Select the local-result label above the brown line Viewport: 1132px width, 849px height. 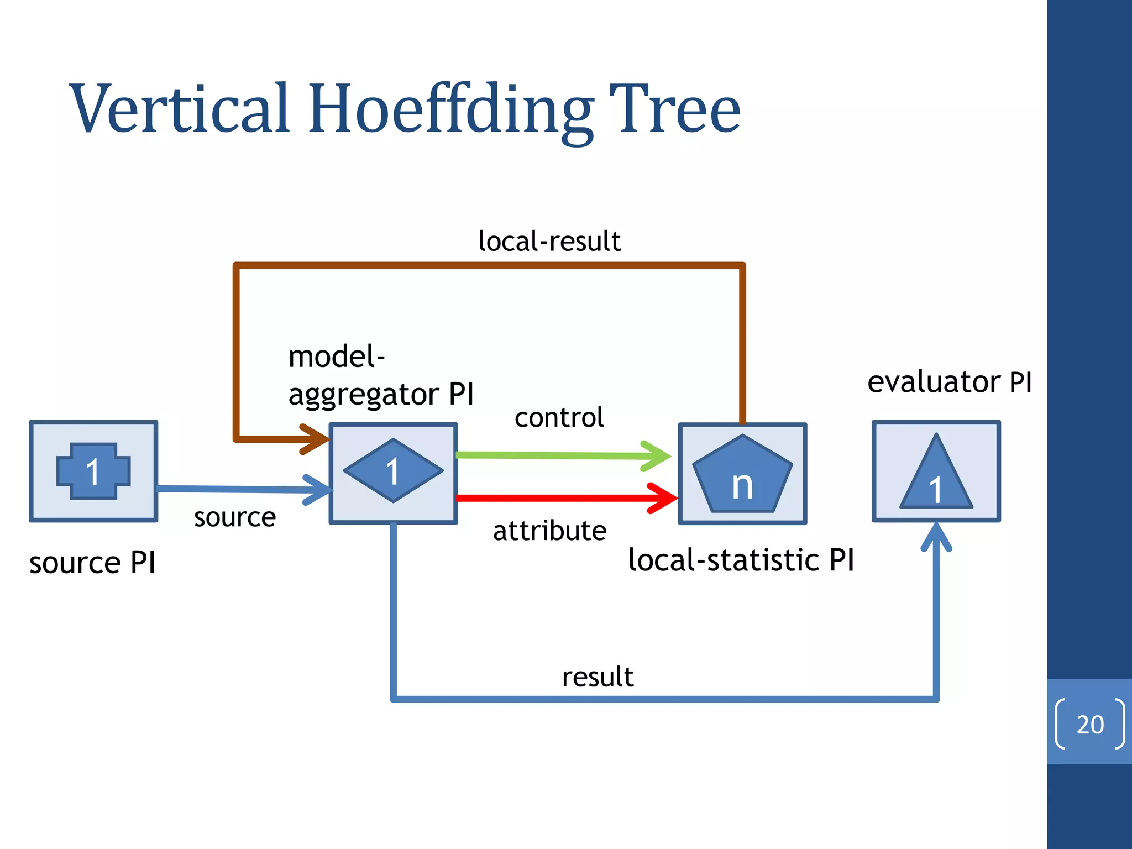tap(549, 242)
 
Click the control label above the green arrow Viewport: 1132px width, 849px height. tap(559, 418)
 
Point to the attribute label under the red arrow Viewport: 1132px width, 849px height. tap(549, 531)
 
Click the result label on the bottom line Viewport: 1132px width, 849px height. tap(598, 677)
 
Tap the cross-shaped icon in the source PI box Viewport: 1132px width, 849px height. tap(93, 471)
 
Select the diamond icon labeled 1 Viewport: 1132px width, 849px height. tap(393, 471)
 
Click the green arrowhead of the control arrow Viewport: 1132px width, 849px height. tap(657, 456)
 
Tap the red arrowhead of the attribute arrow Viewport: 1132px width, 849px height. tap(663, 498)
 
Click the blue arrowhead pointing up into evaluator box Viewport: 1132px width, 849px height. tap(936, 536)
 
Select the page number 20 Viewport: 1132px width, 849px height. tap(1090, 725)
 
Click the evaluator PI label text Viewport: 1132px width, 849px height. tap(949, 382)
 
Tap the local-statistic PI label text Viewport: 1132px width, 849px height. tap(741, 560)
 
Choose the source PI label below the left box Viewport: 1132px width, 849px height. tap(92, 563)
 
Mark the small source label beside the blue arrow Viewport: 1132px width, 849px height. tap(235, 518)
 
